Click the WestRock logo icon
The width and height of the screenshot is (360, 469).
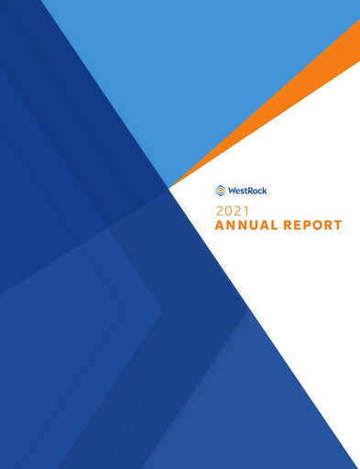click(x=220, y=191)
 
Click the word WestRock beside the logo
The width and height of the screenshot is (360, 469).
click(x=247, y=191)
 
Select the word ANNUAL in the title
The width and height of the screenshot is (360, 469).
click(x=247, y=224)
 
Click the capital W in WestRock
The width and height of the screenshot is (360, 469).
click(x=232, y=191)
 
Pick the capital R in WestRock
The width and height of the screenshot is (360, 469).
click(x=252, y=191)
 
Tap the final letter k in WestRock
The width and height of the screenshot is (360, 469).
click(x=266, y=191)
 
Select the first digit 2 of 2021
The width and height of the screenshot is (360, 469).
click(x=219, y=211)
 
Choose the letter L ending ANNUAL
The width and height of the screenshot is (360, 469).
click(x=275, y=224)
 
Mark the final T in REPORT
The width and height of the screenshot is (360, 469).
click(x=338, y=224)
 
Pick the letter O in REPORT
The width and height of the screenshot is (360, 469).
click(x=319, y=224)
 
